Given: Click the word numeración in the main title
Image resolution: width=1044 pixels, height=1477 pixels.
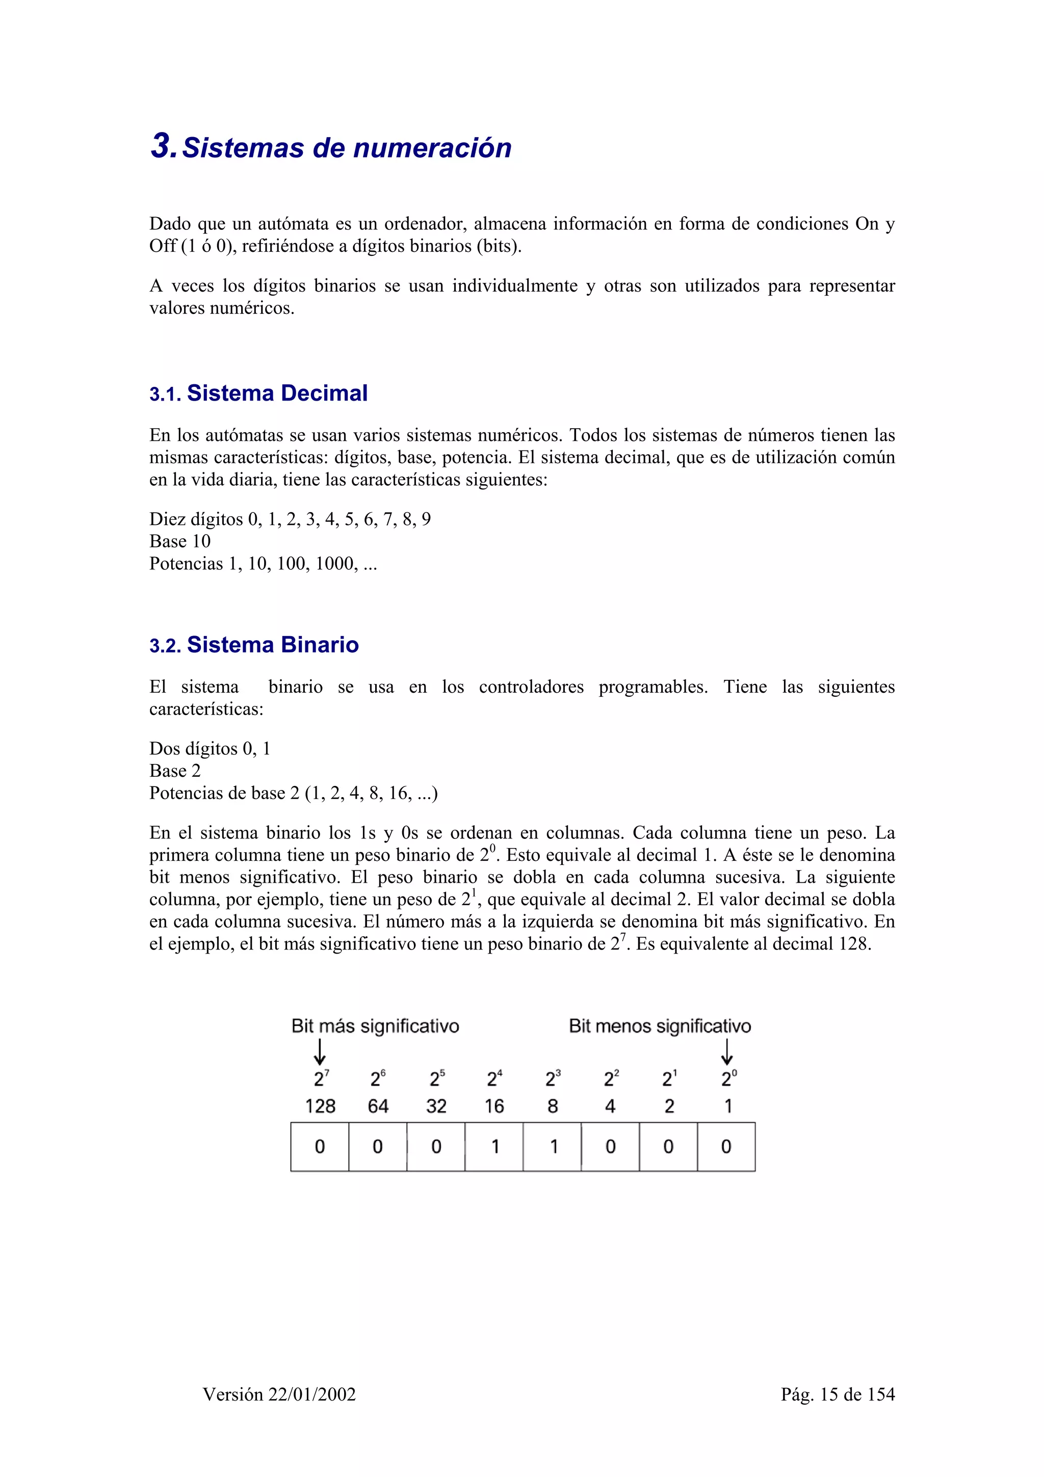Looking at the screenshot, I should [x=432, y=148].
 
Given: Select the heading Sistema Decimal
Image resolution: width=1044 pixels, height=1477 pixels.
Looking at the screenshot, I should [x=277, y=393].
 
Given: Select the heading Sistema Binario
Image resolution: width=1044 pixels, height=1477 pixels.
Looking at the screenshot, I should [x=272, y=645].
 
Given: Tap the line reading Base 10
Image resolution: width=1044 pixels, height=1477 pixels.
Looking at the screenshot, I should [x=179, y=541].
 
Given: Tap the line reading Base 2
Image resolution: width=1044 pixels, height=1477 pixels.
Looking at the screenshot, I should [x=175, y=771].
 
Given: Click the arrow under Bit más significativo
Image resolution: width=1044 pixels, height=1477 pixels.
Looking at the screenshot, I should [x=320, y=1052].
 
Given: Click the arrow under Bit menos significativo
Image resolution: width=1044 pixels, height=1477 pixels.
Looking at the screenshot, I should [x=727, y=1052].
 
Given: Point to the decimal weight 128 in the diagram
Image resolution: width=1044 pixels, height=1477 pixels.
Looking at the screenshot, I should [x=320, y=1106].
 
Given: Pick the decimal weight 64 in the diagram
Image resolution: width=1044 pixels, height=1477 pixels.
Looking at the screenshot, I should [x=378, y=1106].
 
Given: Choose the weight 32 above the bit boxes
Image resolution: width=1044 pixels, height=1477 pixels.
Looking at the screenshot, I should [x=436, y=1106].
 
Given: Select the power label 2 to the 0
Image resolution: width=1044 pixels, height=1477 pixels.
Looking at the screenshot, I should [x=728, y=1078].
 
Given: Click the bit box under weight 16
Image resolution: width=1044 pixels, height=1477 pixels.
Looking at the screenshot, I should [x=494, y=1146].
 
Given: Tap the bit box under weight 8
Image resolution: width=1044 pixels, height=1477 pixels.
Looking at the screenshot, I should [x=552, y=1146].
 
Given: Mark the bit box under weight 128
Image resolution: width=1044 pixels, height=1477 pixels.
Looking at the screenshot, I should [x=320, y=1146].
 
